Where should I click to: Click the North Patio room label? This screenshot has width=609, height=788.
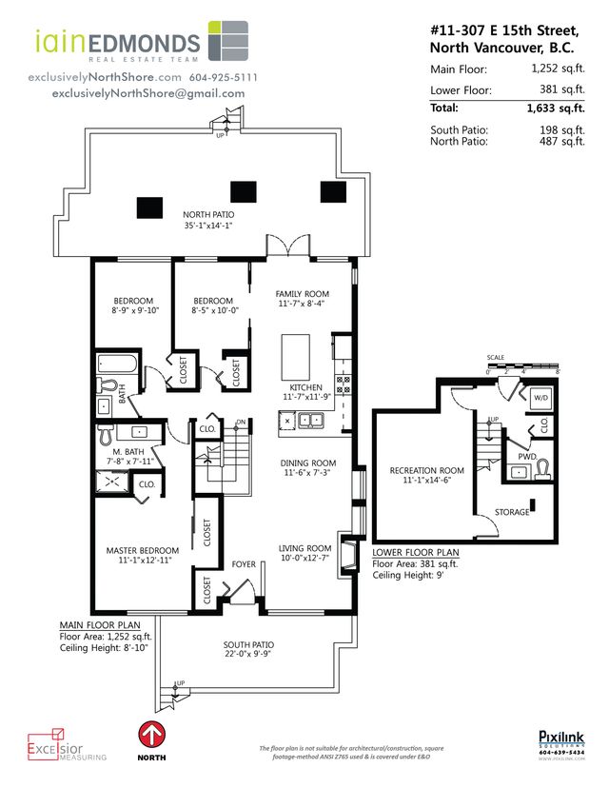208,215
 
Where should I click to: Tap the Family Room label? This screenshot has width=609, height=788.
302,293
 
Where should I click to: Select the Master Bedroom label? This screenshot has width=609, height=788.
142,550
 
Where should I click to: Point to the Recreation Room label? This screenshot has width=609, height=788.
426,470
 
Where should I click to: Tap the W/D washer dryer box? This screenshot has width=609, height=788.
540,397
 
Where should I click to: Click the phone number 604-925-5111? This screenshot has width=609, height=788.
223,76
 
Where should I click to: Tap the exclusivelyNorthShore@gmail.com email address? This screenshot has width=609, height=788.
147,93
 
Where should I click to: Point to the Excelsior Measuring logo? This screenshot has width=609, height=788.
67,745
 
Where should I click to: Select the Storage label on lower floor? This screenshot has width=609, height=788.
511,512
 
